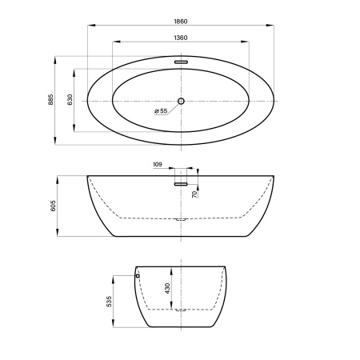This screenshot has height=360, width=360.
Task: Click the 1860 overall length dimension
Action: pos(181,22)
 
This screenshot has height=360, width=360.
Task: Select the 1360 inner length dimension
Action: pos(181,38)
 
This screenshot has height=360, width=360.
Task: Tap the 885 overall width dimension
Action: pos(50,99)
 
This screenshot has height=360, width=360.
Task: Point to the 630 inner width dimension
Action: pos(70,99)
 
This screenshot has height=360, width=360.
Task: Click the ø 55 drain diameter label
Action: pos(161,111)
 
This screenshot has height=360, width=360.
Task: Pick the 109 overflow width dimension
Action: pos(158,165)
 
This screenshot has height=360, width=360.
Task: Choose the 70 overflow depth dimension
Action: pos(195,194)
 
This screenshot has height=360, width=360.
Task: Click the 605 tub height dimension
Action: pos(53,206)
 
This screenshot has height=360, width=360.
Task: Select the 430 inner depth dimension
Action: pos(167,288)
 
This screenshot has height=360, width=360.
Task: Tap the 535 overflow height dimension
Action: pos(109,302)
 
